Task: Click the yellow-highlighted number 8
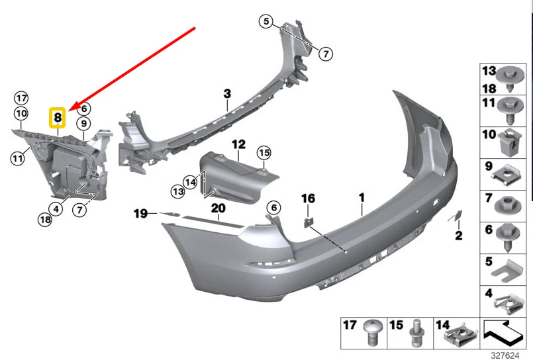point(58,118)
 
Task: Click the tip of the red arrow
point(70,109)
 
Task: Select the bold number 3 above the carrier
point(226,95)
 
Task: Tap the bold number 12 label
point(238,144)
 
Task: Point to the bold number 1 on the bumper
point(362,197)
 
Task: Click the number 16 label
point(309,198)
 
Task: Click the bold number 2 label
point(458,236)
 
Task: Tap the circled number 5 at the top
point(266,22)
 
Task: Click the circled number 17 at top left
point(21,97)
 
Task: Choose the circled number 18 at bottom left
point(45,220)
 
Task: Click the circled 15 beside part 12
point(264,153)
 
